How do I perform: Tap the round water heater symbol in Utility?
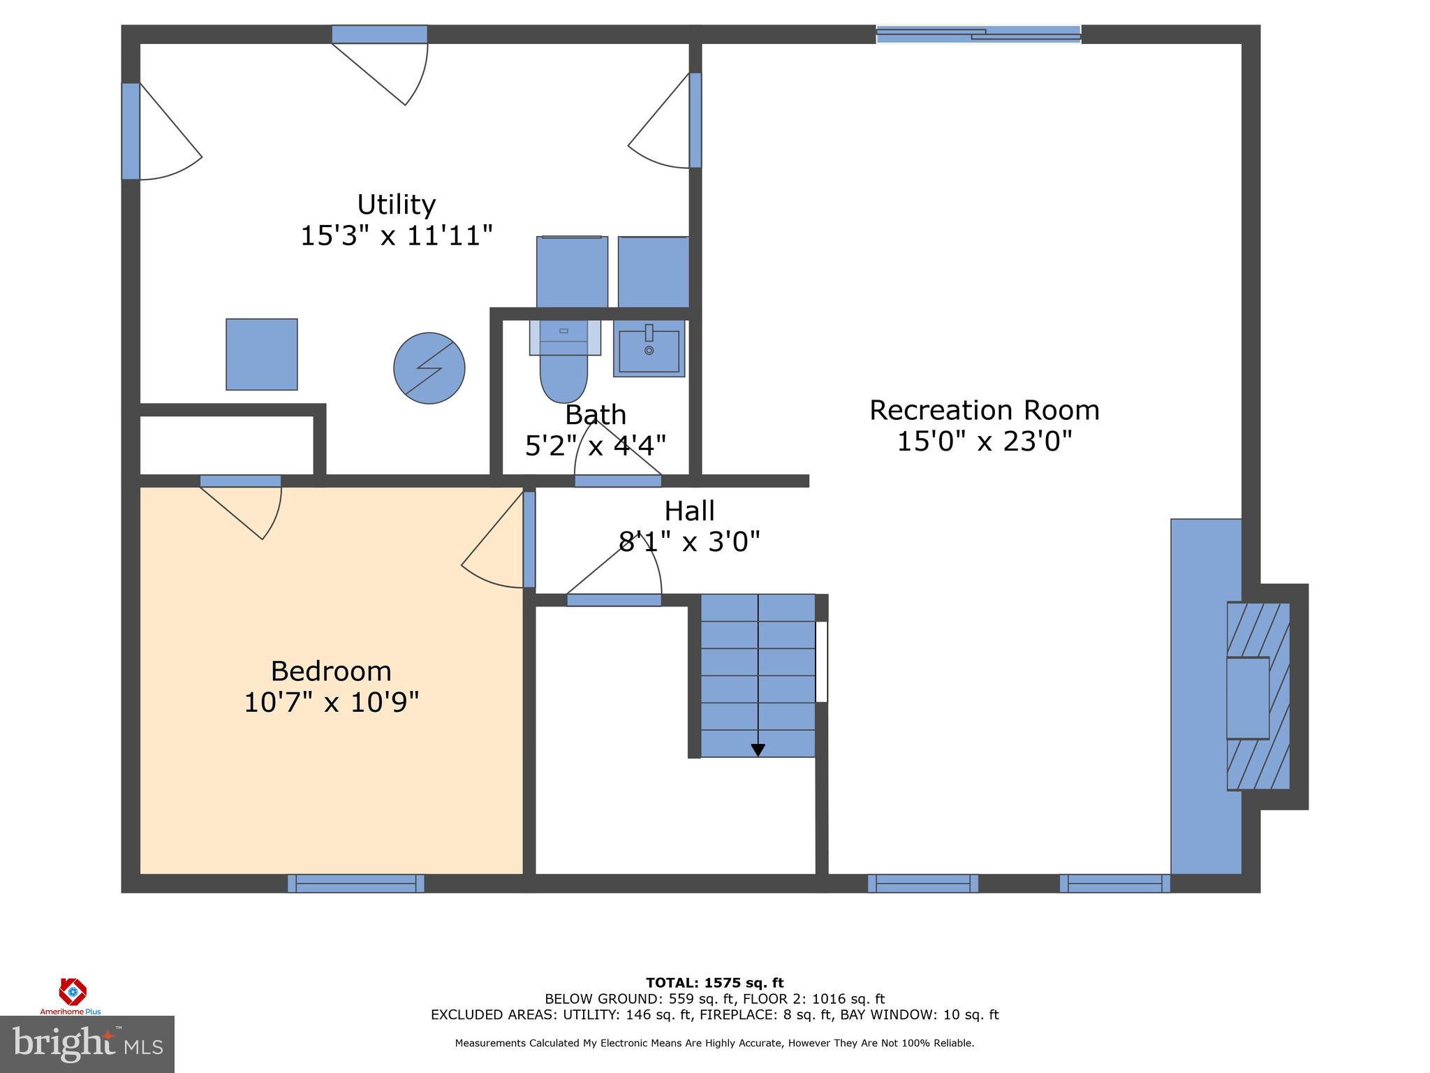(429, 368)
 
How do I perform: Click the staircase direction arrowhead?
(758, 750)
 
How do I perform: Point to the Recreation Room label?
(984, 410)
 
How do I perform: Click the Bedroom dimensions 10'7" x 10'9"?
(331, 702)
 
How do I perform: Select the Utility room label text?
(396, 205)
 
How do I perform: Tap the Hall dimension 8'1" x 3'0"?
(689, 541)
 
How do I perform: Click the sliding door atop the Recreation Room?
(978, 34)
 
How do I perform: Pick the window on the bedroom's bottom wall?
(355, 883)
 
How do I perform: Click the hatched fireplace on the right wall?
(1258, 696)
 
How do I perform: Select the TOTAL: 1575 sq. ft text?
(714, 983)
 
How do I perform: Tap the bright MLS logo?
(87, 1044)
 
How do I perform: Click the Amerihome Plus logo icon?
(72, 991)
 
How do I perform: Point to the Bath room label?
(595, 415)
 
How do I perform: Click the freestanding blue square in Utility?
(262, 354)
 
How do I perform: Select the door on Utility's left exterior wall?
(131, 131)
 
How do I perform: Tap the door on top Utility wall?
(379, 34)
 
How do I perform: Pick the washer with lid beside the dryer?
(572, 271)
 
